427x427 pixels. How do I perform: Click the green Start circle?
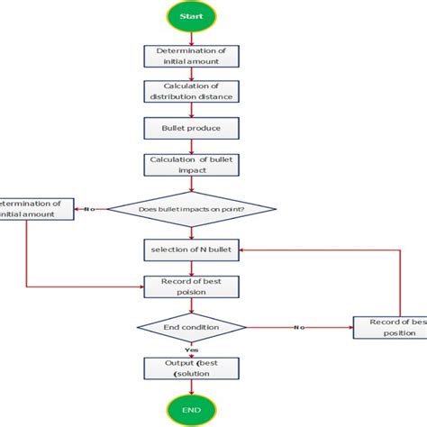190,15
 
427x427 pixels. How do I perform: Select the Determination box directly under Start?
190,56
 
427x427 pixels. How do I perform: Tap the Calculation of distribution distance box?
190,92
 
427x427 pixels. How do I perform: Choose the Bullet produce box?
190,129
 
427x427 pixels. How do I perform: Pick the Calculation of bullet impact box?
190,165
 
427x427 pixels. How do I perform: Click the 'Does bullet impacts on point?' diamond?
190,209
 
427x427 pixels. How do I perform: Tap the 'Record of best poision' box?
190,286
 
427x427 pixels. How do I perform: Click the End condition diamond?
190,327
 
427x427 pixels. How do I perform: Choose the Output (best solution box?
190,368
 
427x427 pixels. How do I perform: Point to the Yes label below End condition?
191,348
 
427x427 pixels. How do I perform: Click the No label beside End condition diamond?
297,327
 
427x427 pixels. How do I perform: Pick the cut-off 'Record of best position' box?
388,327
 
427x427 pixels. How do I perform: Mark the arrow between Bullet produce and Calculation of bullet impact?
190,147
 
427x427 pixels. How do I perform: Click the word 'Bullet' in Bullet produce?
175,129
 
